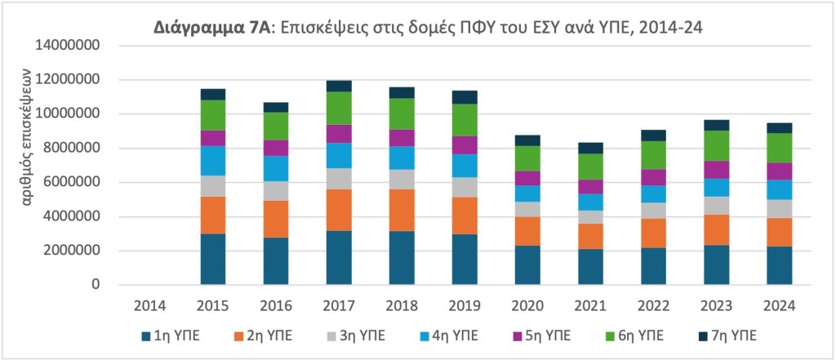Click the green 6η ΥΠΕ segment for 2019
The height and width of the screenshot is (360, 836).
tap(465, 120)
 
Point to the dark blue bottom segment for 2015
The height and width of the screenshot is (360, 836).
tap(212, 260)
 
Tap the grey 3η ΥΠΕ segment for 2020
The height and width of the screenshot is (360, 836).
tap(528, 209)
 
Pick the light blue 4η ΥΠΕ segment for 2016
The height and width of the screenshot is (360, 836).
tap(275, 168)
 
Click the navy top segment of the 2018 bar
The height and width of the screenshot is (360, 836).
tap(402, 93)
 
